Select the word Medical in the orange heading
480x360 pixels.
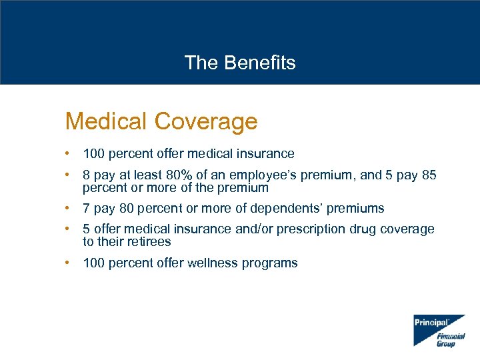pyautogui.click(x=106, y=121)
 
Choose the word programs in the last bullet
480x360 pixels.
pyautogui.click(x=269, y=263)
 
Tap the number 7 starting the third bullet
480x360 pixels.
pyautogui.click(x=86, y=209)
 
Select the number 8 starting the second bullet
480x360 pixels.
pyautogui.click(x=86, y=175)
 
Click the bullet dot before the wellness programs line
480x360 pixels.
pyautogui.click(x=68, y=263)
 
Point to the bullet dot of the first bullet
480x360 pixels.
pyautogui.click(x=68, y=153)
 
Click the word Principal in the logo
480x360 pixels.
pyautogui.click(x=431, y=323)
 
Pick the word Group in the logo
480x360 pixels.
pyautogui.click(x=446, y=344)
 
